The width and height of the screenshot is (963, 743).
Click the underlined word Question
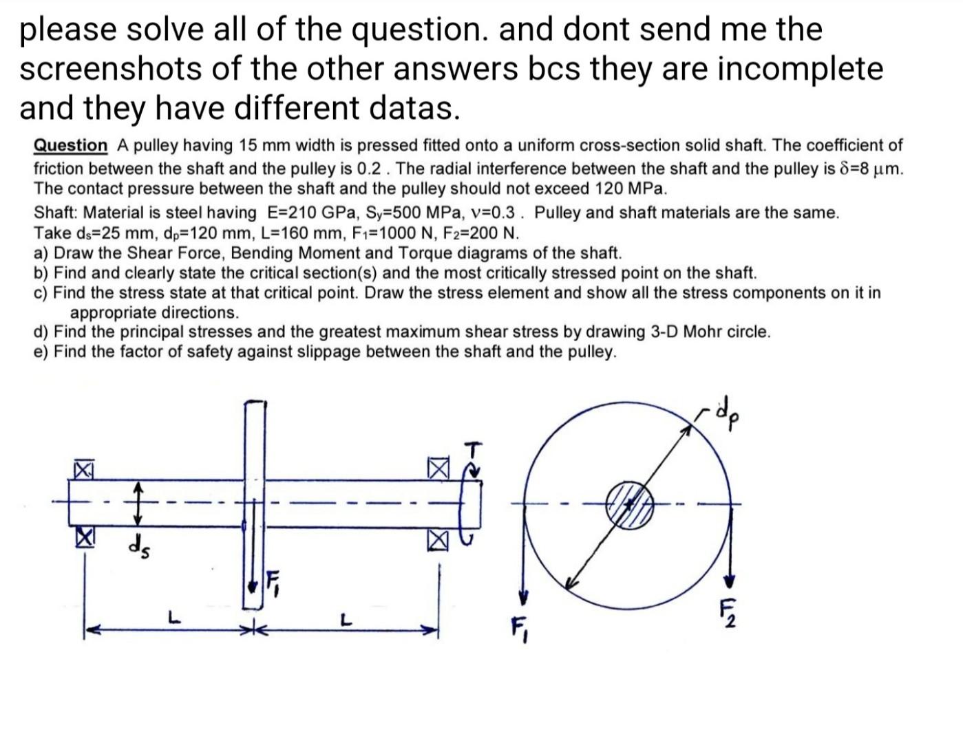(x=71, y=146)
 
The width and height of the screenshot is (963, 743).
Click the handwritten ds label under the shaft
(x=140, y=548)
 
